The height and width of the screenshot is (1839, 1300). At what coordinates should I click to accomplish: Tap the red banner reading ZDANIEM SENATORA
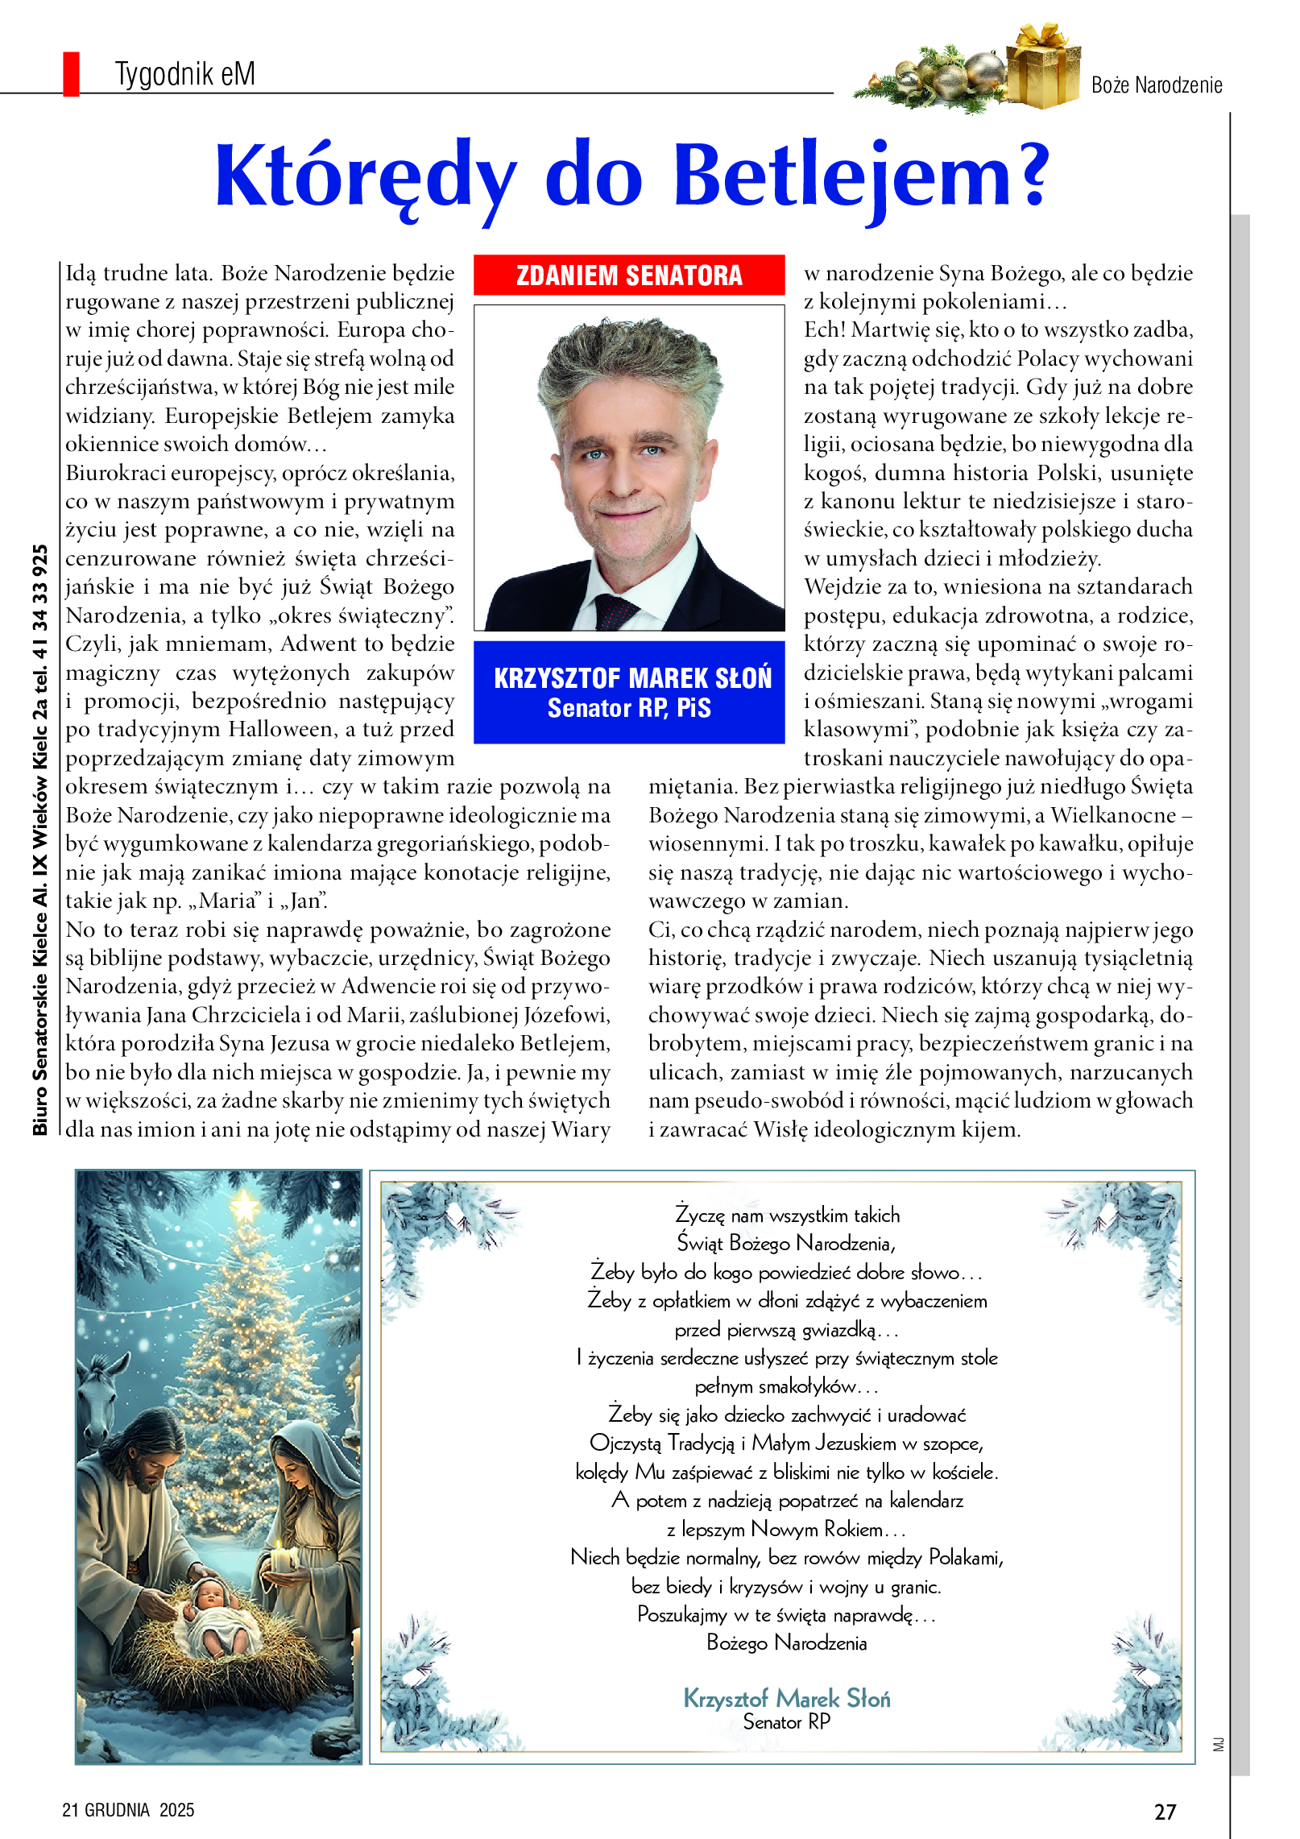[x=628, y=275]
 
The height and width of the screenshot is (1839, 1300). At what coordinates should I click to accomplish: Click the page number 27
[x=1165, y=1812]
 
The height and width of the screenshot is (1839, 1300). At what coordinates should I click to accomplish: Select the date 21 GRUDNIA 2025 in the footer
[x=128, y=1810]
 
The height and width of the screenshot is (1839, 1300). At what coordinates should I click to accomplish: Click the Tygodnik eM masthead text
[x=184, y=74]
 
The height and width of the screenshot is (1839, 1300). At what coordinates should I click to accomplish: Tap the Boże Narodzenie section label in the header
[x=1156, y=85]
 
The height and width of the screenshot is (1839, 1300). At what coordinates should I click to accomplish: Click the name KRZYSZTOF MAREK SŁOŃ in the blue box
[x=632, y=678]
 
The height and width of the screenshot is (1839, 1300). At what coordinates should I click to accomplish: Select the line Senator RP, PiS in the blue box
[x=629, y=708]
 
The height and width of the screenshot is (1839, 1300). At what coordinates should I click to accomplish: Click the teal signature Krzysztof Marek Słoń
[x=786, y=1698]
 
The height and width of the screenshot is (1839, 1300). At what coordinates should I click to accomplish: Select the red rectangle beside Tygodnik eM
[x=71, y=74]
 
